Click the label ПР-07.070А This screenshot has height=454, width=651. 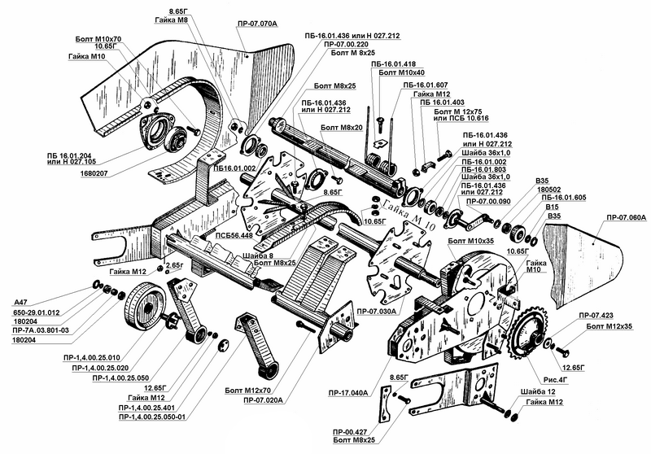(257, 24)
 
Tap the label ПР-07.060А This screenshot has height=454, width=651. (626, 217)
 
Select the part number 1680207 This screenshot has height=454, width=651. (94, 174)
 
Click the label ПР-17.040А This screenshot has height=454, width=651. (348, 393)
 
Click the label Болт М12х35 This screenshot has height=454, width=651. (609, 326)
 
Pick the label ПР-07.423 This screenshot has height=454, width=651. (596, 316)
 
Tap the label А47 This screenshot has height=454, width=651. (21, 302)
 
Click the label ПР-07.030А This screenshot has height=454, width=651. (375, 311)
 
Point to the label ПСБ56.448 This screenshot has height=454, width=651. (234, 235)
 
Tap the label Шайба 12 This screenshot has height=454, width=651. (538, 391)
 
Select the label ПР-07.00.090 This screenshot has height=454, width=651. (488, 201)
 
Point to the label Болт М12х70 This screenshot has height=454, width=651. (248, 390)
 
